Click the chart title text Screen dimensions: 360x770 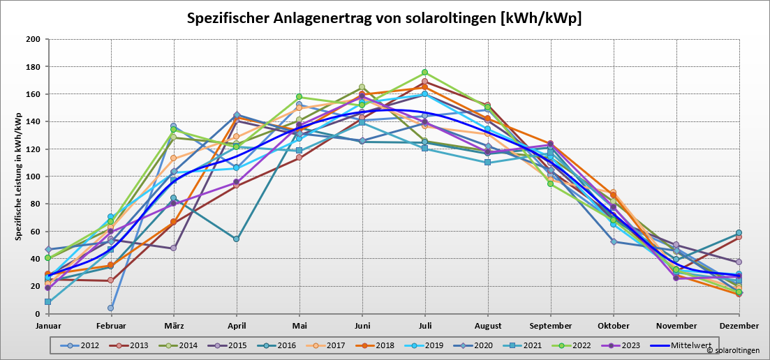[x=384, y=18]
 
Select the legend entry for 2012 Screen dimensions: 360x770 [x=83, y=345]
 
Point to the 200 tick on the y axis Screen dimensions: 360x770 [x=32, y=39]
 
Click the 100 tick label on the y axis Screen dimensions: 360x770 [x=32, y=177]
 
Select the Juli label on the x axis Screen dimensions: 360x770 [x=424, y=326]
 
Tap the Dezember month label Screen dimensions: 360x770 [x=739, y=326]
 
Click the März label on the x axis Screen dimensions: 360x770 [x=173, y=326]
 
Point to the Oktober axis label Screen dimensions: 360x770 [x=613, y=326]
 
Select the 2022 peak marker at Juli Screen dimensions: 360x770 [x=424, y=73]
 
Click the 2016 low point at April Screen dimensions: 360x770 [x=237, y=239]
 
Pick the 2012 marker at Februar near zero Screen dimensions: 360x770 [x=110, y=308]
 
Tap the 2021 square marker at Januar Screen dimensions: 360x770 [x=47, y=302]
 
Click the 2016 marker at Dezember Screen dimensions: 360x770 [x=739, y=233]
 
